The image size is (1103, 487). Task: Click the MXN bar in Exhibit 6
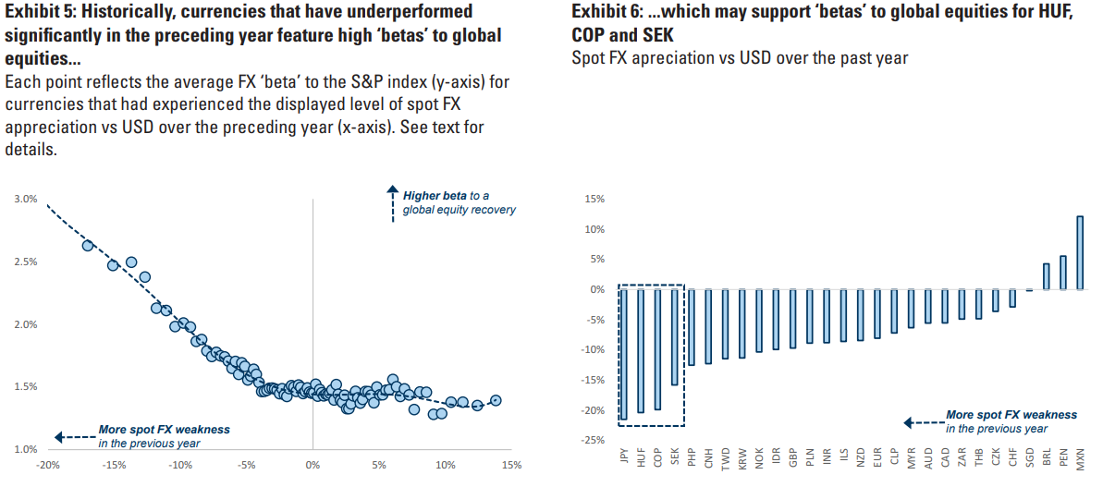point(1080,252)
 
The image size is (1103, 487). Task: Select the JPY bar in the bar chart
point(623,355)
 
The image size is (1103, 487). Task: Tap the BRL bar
point(1046,276)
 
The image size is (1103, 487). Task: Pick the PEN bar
point(1062,273)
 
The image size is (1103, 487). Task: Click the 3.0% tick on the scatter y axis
point(26,199)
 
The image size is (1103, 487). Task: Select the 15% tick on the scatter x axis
point(511,465)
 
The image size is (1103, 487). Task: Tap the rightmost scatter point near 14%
point(496,400)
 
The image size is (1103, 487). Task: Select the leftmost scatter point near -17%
point(88,245)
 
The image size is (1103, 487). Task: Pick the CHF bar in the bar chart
point(1012,298)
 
